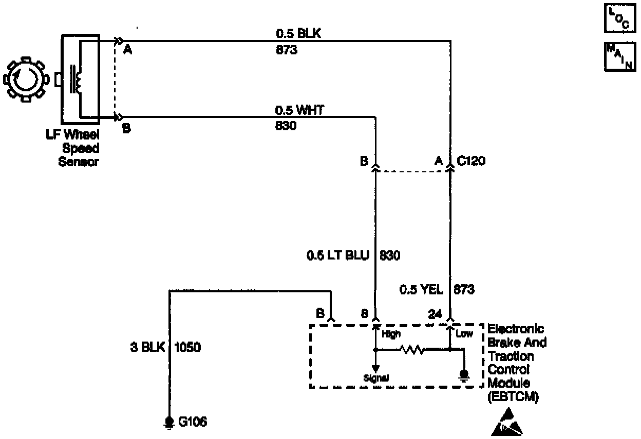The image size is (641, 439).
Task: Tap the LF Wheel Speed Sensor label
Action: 80,148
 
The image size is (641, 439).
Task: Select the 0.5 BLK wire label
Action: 298,34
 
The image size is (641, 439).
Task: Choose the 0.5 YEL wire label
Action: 421,290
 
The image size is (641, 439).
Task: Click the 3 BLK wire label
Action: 147,347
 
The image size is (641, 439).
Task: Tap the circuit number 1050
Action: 188,347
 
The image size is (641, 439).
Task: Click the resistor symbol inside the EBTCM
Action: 412,350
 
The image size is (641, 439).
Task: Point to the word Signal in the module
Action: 376,378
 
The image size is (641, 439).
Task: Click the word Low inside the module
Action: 464,335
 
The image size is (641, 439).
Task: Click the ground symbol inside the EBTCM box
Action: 464,375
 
